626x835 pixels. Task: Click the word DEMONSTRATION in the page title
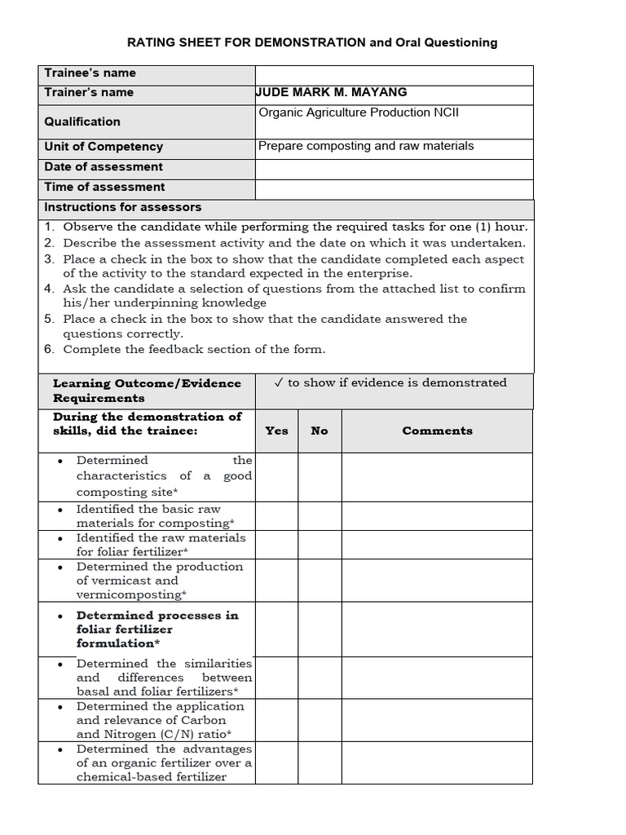[310, 42]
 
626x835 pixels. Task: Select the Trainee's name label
[90, 73]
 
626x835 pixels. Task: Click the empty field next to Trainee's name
[394, 74]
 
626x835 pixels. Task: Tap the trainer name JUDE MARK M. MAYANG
[331, 92]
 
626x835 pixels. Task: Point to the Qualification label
[82, 121]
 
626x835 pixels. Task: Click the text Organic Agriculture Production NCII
[359, 113]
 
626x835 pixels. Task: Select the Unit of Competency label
[104, 147]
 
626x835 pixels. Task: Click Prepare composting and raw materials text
[366, 146]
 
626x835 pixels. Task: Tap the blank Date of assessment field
[394, 168]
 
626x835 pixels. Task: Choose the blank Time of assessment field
[394, 188]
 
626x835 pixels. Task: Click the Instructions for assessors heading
[122, 207]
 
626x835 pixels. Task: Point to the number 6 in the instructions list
[49, 349]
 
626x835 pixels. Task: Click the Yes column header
[276, 431]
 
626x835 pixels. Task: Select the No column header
[320, 431]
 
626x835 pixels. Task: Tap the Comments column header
[437, 431]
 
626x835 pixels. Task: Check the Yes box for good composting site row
[276, 477]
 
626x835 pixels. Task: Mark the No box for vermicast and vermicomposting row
[320, 581]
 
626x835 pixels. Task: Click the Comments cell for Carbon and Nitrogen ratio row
[437, 720]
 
